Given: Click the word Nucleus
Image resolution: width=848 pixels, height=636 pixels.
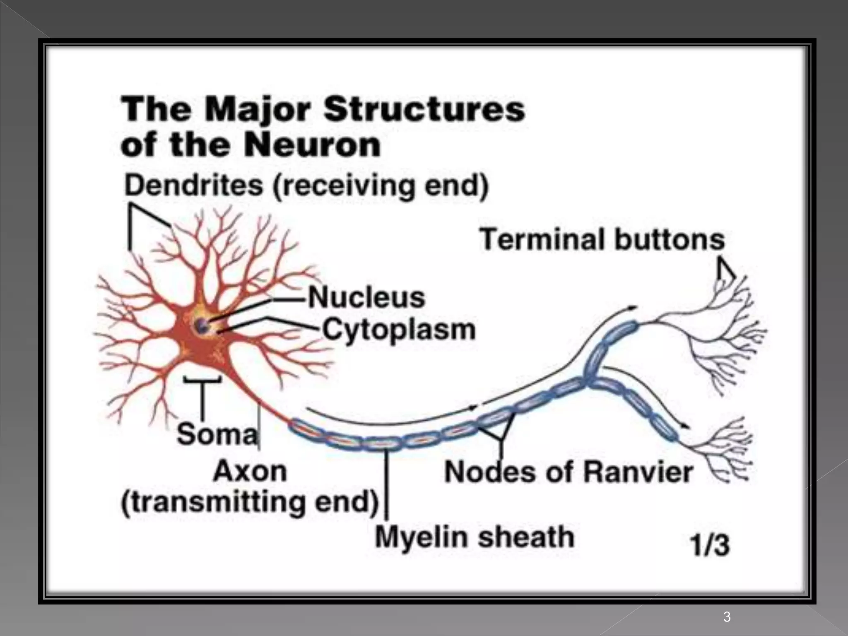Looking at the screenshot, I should click(367, 298).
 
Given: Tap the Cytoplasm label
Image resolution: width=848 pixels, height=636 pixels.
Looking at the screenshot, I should click(399, 330).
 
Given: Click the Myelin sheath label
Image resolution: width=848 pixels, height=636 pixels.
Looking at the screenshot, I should click(475, 537).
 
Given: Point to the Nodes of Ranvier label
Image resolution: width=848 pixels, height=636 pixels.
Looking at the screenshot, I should click(569, 472).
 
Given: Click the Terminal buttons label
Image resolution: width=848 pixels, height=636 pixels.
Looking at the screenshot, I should click(602, 240).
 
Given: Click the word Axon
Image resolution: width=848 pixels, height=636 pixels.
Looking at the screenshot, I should click(250, 471).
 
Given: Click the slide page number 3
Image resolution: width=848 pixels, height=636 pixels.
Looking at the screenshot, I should click(727, 617).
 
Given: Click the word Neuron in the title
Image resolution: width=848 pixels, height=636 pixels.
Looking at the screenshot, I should click(311, 145).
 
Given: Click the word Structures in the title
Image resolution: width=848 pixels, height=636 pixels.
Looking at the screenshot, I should click(424, 109).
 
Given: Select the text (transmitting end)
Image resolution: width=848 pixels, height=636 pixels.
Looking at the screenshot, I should click(250, 502).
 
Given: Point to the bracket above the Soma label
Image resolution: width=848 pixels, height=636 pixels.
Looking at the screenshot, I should click(202, 380).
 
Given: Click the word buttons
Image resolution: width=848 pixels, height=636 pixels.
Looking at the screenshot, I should click(670, 240).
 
